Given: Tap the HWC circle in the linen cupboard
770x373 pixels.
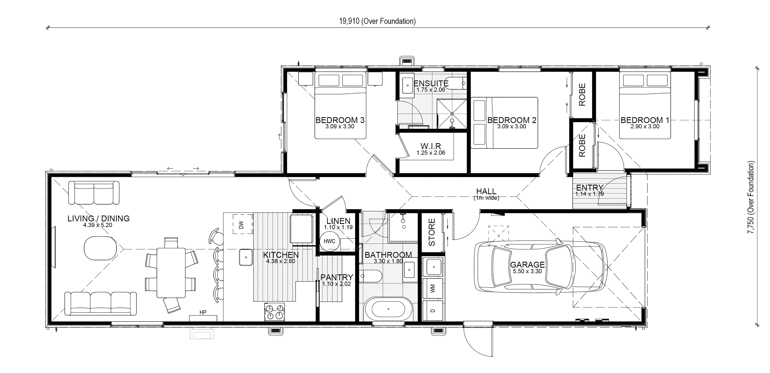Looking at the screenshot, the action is pos(329,241).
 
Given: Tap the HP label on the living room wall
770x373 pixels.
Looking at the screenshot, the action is pos(203,312).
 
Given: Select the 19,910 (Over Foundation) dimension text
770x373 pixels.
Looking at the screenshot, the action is pos(377,21).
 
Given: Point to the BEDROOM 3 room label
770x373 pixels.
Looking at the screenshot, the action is pos(340,120).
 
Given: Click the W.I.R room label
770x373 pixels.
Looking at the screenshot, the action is pos(431,146).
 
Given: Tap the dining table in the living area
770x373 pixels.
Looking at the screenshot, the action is pos(171,273).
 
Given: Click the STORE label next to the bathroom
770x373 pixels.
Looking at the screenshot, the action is pos(432,232).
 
